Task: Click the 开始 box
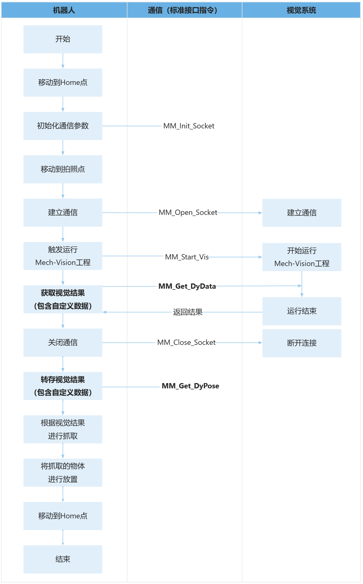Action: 63,39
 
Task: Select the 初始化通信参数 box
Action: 63,126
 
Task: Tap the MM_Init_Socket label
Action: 189,126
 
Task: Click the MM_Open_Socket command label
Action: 188,213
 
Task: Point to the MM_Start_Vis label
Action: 187,257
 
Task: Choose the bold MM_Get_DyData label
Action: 187,286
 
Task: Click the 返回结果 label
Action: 187,312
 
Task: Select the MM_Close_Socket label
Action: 186,342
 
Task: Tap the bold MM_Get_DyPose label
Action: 190,386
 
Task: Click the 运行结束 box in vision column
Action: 302,311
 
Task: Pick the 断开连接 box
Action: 302,343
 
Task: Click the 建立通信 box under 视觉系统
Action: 302,213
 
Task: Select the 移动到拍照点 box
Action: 63,169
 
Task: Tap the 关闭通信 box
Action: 63,342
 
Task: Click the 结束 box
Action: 63,559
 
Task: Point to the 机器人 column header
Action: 64,10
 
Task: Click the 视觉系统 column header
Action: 301,10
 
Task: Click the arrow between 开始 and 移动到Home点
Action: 63,61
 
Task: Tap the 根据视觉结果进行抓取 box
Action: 63,429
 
